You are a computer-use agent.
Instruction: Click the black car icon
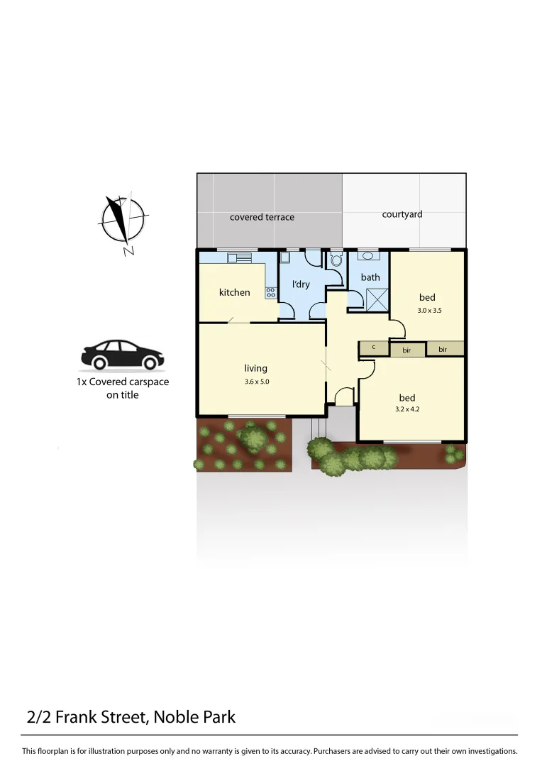122,355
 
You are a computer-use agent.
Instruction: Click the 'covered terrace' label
262,217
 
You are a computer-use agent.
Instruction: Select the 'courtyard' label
402,214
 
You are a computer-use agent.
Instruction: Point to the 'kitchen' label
234,292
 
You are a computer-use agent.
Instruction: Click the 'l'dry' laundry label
301,284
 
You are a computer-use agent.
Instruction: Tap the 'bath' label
370,277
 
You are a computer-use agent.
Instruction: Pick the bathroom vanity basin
370,256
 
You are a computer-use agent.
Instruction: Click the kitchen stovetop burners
270,292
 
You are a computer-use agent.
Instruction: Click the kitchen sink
236,257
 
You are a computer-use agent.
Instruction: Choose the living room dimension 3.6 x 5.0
256,382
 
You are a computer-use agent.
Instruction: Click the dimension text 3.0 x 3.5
429,311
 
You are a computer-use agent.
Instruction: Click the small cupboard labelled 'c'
374,348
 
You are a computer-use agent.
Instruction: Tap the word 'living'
256,368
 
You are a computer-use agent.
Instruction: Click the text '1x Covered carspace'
123,382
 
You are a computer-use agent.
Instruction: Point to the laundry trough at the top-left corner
285,257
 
